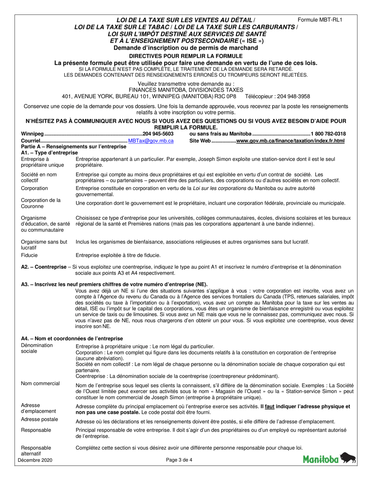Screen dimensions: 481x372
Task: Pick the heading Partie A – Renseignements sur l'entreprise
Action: (x=74, y=147)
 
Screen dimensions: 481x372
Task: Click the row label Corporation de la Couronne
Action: (x=40, y=203)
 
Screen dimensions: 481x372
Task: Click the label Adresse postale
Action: (x=39, y=419)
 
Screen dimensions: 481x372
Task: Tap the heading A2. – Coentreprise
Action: (x=43, y=267)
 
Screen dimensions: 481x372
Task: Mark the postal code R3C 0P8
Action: (x=225, y=96)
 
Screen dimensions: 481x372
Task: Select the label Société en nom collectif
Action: (x=38, y=177)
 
